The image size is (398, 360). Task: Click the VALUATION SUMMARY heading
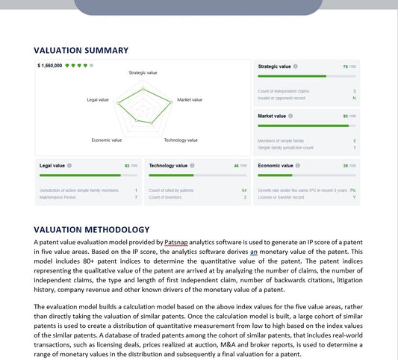click(x=81, y=51)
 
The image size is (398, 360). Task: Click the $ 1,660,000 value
click(x=49, y=66)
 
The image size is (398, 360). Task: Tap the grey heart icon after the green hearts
click(x=91, y=66)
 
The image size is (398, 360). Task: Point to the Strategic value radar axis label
click(x=143, y=73)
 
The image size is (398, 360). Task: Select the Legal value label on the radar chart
click(x=98, y=99)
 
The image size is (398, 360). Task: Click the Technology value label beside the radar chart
click(x=181, y=140)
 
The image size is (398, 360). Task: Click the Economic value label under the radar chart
click(x=107, y=140)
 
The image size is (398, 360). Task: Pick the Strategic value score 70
click(x=346, y=66)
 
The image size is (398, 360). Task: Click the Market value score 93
click(x=346, y=117)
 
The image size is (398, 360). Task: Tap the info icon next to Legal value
click(x=69, y=165)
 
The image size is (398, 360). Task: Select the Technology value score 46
click(x=236, y=165)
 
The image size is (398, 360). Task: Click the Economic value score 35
click(x=346, y=165)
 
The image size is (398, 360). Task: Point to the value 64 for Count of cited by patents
click(x=244, y=190)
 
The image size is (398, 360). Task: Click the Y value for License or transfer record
click(x=354, y=197)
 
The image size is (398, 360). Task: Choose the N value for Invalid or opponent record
click(x=354, y=98)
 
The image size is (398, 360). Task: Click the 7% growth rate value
click(x=352, y=190)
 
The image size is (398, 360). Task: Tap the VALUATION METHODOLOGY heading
click(x=92, y=229)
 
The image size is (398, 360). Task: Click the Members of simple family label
click(x=280, y=140)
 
